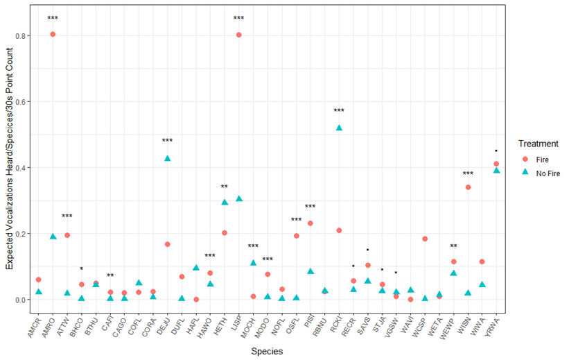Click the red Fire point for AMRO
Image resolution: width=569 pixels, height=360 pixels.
point(53,34)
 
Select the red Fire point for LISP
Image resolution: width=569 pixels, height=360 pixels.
point(239,35)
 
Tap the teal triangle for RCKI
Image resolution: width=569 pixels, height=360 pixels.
point(339,128)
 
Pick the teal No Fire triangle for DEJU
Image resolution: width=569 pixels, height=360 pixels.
point(167,158)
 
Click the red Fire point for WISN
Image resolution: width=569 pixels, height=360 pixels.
point(468,187)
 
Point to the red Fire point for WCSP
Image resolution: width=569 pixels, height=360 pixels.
point(425,239)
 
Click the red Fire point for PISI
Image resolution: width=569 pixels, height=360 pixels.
point(310,223)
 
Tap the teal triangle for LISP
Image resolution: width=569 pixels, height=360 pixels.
point(239,198)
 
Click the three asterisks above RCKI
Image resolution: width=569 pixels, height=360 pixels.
point(339,111)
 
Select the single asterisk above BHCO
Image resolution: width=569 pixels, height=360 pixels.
point(81,269)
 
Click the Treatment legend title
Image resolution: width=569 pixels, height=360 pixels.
point(538,144)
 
